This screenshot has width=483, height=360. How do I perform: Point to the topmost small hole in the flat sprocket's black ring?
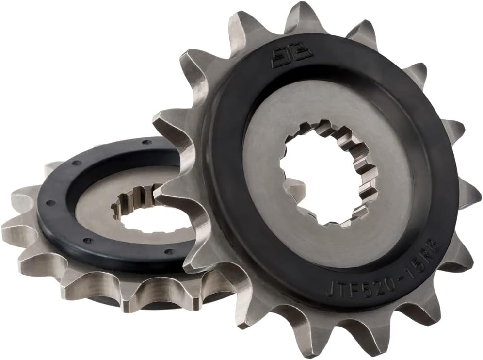click(x=144, y=143)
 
